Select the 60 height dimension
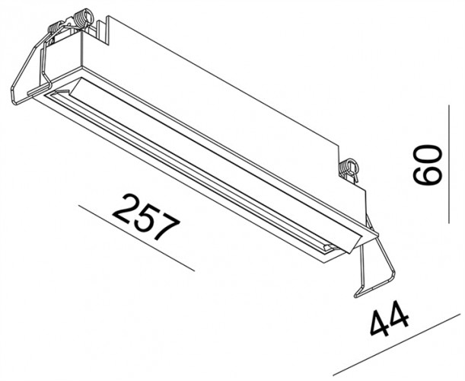click(428, 164)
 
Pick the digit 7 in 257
click(167, 228)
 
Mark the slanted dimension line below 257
click(137, 237)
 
